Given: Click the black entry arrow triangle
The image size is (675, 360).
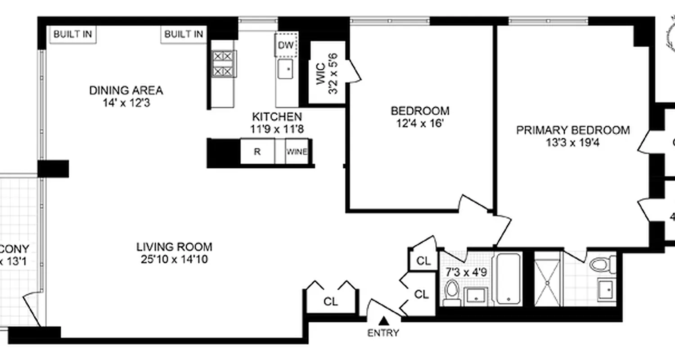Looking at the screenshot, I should pos(383,320).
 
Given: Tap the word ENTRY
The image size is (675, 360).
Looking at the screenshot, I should pos(383,333).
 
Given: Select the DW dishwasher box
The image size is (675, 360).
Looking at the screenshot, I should pos(286,45).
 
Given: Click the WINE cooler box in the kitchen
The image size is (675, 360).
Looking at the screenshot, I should pos(297,152).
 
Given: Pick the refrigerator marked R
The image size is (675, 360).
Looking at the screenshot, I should pos(257,152).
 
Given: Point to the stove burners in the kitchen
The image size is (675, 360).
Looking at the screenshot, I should pos(224,63).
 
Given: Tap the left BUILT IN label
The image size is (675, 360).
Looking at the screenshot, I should pos(73,35).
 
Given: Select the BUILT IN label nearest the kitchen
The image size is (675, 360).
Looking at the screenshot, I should pos(183,35).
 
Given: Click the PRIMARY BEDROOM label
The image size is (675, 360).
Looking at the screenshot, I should pos(572,130).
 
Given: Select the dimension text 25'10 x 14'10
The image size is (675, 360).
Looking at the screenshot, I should pos(174,259).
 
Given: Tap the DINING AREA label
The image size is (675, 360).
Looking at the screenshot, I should pos(126,90).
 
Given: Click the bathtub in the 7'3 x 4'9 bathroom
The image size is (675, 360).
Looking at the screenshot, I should pos(508,279).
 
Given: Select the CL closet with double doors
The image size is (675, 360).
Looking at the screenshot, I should pos(331,301).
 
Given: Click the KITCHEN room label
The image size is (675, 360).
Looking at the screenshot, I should pos(277,117).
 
